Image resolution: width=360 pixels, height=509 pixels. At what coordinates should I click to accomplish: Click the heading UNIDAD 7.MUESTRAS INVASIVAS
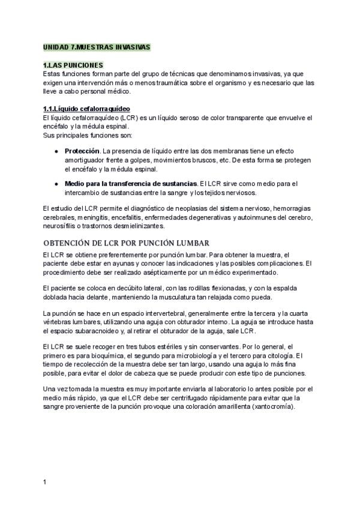coord(97,47)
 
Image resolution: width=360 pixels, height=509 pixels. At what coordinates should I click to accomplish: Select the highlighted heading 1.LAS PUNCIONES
coord(74,65)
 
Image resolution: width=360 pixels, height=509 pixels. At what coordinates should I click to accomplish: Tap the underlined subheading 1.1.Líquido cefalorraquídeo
coord(86,109)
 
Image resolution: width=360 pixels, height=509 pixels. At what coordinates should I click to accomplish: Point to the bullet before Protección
coord(56,151)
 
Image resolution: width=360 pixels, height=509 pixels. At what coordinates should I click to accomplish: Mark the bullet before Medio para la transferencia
coord(56,183)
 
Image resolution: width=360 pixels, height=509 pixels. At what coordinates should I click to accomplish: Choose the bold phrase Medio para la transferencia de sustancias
coord(131,183)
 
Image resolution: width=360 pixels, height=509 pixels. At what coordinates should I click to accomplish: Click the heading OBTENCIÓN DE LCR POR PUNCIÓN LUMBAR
coord(126,243)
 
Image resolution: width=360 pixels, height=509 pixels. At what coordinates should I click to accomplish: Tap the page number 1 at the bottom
coord(45,482)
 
